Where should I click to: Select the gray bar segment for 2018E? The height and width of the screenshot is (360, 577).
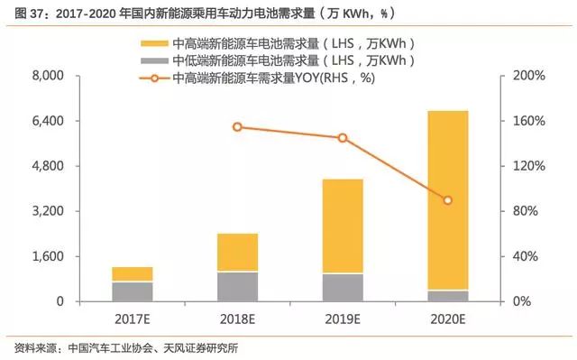[x=237, y=286]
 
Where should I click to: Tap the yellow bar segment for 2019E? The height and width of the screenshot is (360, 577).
[x=343, y=226]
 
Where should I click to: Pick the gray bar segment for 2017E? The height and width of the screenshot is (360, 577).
[x=133, y=291]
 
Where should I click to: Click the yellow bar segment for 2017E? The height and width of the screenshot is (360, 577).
[x=133, y=274]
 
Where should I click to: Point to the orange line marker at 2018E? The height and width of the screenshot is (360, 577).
[x=237, y=127]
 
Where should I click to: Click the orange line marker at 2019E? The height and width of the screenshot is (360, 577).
[x=343, y=138]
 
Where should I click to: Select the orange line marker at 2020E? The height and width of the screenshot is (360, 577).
[x=447, y=200]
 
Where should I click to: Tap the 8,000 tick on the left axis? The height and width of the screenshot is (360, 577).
[x=41, y=76]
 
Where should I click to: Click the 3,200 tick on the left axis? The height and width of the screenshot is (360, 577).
[x=41, y=211]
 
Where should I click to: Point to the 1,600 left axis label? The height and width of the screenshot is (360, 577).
[x=41, y=256]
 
